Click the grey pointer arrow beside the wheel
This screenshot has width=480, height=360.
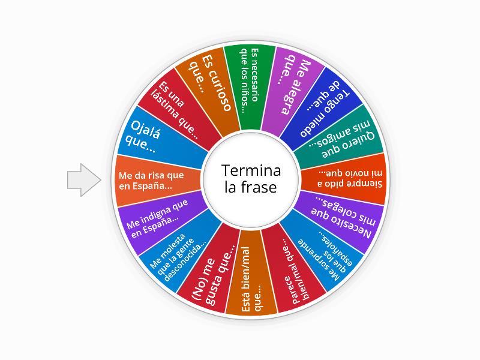pos(84,180)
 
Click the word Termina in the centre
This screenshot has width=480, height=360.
pos(251,170)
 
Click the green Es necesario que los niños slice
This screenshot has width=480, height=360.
pos(250,87)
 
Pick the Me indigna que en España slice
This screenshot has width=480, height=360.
pos(159,220)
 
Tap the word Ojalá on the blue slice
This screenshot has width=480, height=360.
pos(145,130)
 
